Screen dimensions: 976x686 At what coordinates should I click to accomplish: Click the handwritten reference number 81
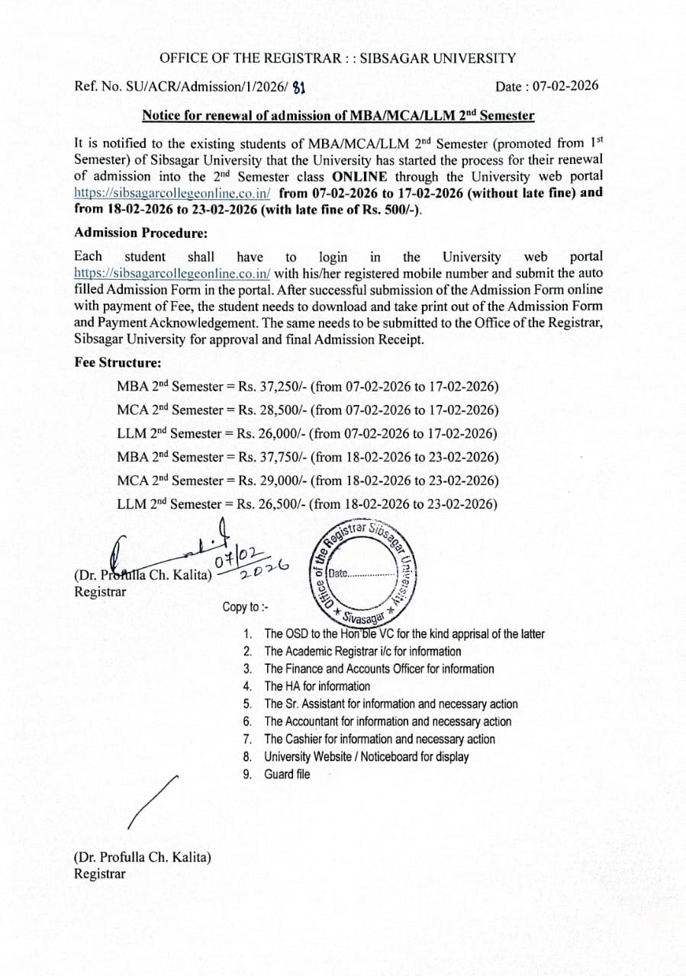(x=298, y=87)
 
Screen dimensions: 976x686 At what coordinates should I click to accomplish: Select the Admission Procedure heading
(x=141, y=233)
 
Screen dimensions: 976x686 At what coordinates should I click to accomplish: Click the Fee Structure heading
(x=118, y=362)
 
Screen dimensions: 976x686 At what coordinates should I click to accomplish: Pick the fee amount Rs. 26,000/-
(x=270, y=434)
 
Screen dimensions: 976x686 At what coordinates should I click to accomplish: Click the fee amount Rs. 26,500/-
(x=270, y=504)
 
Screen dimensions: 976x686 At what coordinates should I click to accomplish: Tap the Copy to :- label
(x=245, y=607)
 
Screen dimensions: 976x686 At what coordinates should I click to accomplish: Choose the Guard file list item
(x=287, y=774)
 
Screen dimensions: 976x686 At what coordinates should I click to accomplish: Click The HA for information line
(x=317, y=686)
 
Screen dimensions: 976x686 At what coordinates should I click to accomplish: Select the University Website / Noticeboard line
(x=366, y=756)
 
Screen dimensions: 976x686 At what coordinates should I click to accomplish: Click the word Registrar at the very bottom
(x=100, y=874)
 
